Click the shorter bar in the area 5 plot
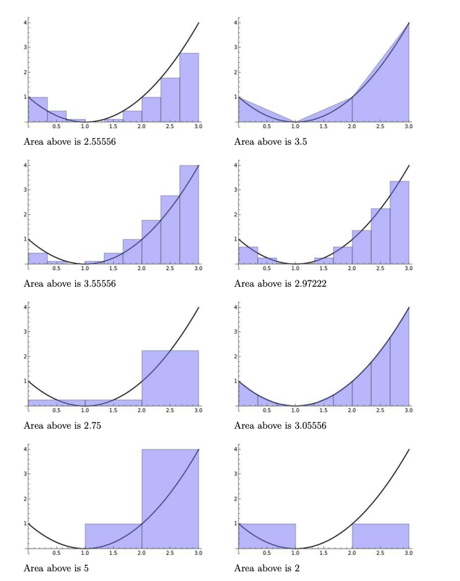pyautogui.click(x=113, y=536)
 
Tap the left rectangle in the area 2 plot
pyautogui.click(x=266, y=536)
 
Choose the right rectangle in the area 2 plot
pyautogui.click(x=380, y=536)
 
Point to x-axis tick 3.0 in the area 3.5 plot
pyautogui.click(x=408, y=128)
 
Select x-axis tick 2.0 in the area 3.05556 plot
pyautogui.click(x=352, y=411)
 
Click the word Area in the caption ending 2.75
pyautogui.click(x=34, y=426)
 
